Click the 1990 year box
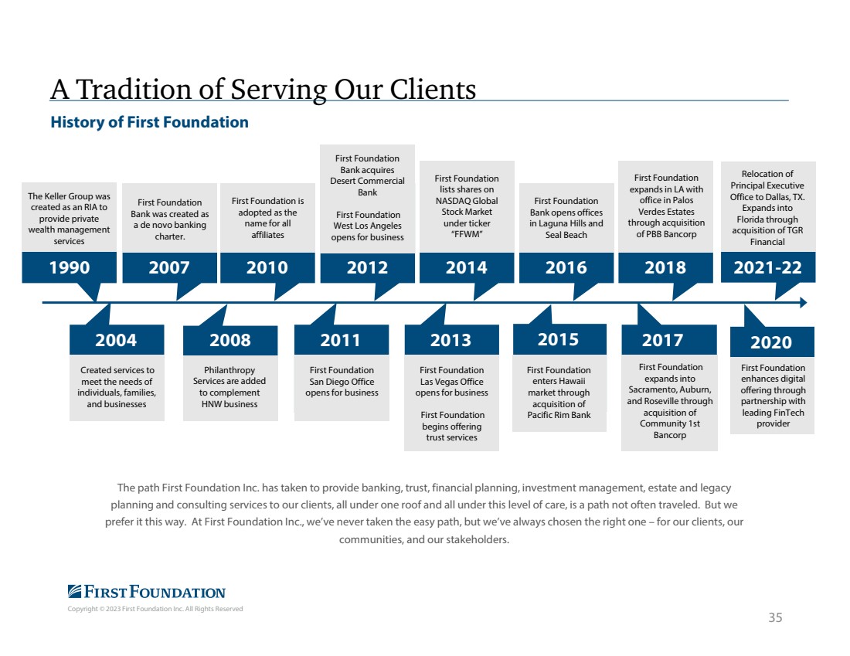pos(69,267)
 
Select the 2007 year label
pos(169,267)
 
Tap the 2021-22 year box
pos(767,267)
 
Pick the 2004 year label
pos(116,340)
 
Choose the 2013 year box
pos(451,340)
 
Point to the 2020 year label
pos(771,342)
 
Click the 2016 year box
pos(566,267)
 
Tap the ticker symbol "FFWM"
pos(467,234)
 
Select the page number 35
pos(775,617)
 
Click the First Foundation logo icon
pos(75,592)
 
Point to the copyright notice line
pos(155,609)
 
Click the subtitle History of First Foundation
pos(150,123)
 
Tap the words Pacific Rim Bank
pos(559,415)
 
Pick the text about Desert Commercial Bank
pos(368,175)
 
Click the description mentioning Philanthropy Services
pos(229,387)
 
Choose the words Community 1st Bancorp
pos(670,430)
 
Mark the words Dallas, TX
pos(785,197)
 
